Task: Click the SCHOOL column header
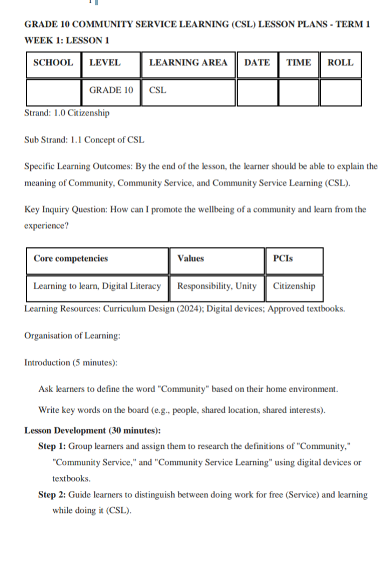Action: pyautogui.click(x=53, y=63)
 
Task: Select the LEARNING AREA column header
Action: pyautogui.click(x=188, y=63)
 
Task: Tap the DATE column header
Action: pyautogui.click(x=257, y=63)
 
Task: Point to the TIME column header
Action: pyautogui.click(x=299, y=63)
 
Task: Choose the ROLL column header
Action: pyautogui.click(x=341, y=63)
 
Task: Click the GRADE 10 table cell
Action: pyautogui.click(x=111, y=90)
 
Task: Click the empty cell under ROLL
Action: pyautogui.click(x=341, y=92)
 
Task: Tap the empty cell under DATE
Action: pyautogui.click(x=257, y=92)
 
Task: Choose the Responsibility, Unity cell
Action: pyautogui.click(x=217, y=286)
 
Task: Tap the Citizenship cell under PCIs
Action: pyautogui.click(x=294, y=286)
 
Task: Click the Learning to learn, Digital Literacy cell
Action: pyautogui.click(x=97, y=286)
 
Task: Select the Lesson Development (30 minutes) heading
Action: pyautogui.click(x=92, y=431)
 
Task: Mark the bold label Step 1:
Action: pyautogui.click(x=52, y=447)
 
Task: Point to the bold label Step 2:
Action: pyautogui.click(x=52, y=495)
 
